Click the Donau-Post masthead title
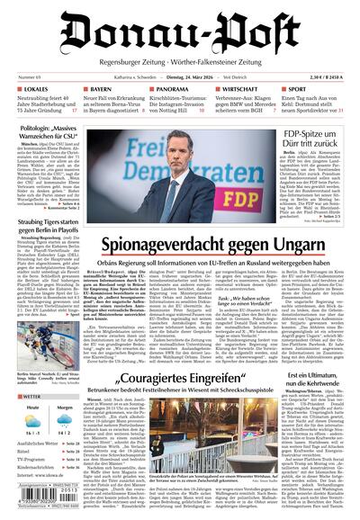(180, 34)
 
